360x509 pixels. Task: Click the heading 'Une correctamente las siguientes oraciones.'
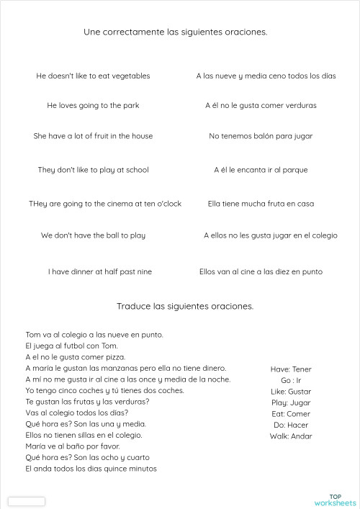pos(176,32)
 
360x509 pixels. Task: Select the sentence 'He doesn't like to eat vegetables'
pos(93,76)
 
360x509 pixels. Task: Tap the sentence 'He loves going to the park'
pos(93,106)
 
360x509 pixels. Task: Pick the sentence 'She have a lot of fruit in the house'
pos(93,136)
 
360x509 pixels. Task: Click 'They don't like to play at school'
pos(93,170)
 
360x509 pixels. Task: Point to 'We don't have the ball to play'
pos(93,235)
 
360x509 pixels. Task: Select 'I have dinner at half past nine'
pos(100,272)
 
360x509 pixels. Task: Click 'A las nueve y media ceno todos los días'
pos(266,76)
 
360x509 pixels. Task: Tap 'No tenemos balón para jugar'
pos(261,136)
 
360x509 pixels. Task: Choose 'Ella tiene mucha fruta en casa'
pos(261,204)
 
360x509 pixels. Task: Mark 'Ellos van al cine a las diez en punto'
pos(261,272)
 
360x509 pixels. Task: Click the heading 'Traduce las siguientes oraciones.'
pos(185,306)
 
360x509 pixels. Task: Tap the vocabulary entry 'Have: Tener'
pos(291,369)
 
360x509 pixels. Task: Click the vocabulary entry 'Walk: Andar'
pos(291,436)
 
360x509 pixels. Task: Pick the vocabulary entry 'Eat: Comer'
pos(291,414)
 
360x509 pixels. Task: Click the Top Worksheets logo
pos(335,500)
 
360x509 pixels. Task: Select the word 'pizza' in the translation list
pos(114,357)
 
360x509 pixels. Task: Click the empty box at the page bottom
pos(27,501)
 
